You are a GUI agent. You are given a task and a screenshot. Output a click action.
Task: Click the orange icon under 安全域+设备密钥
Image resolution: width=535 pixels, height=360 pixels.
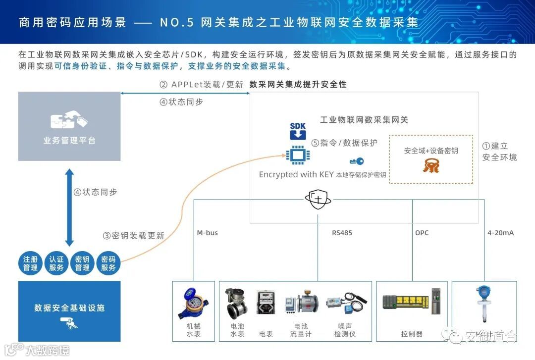(431, 165)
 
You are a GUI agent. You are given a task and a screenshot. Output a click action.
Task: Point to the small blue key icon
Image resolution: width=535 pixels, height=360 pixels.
(357, 161)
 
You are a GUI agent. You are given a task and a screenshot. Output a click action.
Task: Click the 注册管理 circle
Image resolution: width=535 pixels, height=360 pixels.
(30, 263)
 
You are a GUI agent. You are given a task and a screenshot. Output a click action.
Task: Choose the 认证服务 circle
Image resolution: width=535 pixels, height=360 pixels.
(56, 263)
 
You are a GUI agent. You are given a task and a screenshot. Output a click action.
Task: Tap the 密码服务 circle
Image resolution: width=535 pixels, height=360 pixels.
(108, 263)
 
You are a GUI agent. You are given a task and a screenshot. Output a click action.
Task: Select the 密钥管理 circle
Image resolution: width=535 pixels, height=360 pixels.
(82, 263)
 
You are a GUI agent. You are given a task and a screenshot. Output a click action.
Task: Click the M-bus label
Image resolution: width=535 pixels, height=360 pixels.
(207, 233)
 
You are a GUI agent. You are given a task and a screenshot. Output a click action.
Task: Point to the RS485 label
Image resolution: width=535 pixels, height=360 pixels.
(342, 233)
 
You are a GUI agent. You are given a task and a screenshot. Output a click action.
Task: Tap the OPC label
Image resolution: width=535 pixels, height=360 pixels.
(422, 233)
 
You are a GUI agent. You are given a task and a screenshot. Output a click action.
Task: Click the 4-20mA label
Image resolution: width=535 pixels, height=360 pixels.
(500, 233)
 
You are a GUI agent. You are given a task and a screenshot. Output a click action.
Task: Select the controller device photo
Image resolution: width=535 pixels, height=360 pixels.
(411, 301)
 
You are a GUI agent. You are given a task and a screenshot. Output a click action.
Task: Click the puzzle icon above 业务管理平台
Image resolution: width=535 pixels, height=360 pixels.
(69, 119)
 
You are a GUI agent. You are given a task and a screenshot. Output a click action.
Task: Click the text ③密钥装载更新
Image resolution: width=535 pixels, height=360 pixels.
(133, 236)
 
